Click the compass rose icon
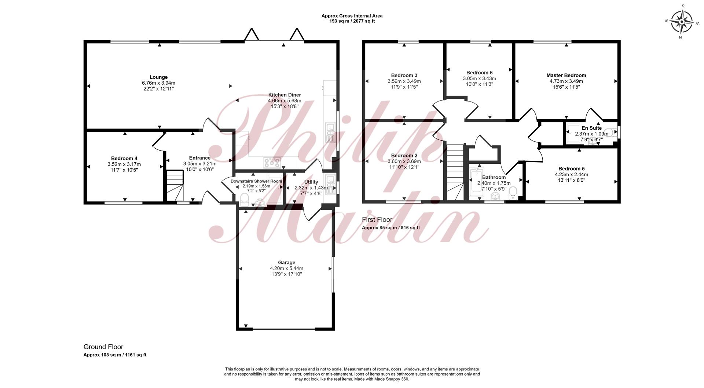coord(681,22)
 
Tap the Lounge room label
coord(158,77)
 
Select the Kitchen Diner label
coord(285,95)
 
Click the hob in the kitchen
coord(272,162)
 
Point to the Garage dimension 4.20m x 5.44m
coord(286,268)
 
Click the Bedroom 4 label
coord(124,158)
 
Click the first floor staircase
coord(455,172)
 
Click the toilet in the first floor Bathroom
coord(513,192)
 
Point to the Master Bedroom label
coord(566,75)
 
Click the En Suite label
coord(591,128)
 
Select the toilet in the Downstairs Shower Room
coord(244,199)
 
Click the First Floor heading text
coord(377,219)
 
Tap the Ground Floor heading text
coord(103,347)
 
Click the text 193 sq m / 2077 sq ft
coord(352,21)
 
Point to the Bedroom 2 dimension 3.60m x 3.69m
coord(404,161)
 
